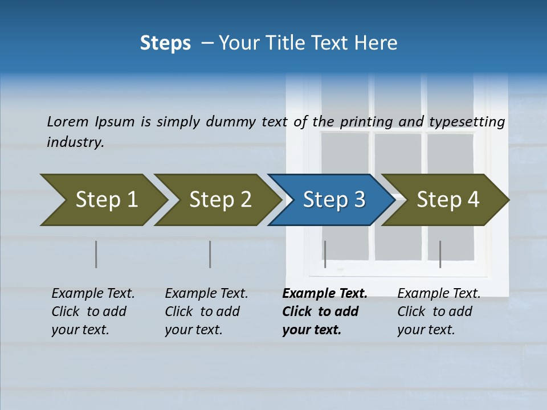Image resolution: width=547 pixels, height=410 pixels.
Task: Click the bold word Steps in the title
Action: click(165, 43)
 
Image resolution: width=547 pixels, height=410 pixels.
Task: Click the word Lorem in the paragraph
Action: click(68, 121)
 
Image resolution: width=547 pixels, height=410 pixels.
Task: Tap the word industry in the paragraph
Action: click(75, 142)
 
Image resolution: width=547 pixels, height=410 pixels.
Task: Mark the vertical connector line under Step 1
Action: click(96, 254)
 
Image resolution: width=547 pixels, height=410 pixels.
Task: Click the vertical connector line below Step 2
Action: click(210, 254)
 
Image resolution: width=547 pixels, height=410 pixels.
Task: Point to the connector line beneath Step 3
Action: click(325, 254)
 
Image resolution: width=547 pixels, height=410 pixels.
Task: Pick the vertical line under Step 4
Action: click(440, 254)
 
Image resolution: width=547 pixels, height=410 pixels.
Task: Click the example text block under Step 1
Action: click(93, 311)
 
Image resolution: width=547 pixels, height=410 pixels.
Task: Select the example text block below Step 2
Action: click(206, 311)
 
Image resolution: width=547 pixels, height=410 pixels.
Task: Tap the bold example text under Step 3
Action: click(324, 311)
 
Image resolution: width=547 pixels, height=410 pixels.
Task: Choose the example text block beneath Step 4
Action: click(439, 311)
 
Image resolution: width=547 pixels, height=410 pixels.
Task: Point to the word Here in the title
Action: click(378, 43)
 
